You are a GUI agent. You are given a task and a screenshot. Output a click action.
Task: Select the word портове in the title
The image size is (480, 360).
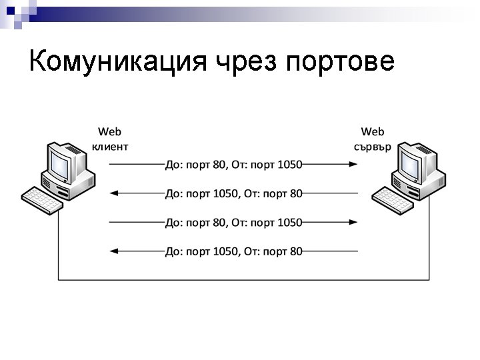point(340,62)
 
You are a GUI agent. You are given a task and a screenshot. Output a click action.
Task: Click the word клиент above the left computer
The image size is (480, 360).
point(110,146)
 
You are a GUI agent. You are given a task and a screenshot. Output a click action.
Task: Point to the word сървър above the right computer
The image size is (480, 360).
point(373,146)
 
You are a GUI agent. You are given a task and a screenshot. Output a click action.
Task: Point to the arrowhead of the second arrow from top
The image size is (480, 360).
point(113,193)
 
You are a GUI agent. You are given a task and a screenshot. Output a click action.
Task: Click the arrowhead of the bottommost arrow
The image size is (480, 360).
point(113,251)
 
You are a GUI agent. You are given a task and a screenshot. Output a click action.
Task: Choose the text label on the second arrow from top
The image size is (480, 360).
point(233,193)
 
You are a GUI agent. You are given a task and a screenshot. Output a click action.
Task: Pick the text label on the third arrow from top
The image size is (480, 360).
point(233,222)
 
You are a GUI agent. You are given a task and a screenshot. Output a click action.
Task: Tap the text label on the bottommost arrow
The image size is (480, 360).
point(233,251)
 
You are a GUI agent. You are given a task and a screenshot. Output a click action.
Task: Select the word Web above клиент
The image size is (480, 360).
point(110,132)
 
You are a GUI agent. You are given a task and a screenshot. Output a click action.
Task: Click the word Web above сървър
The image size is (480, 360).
point(373,132)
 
